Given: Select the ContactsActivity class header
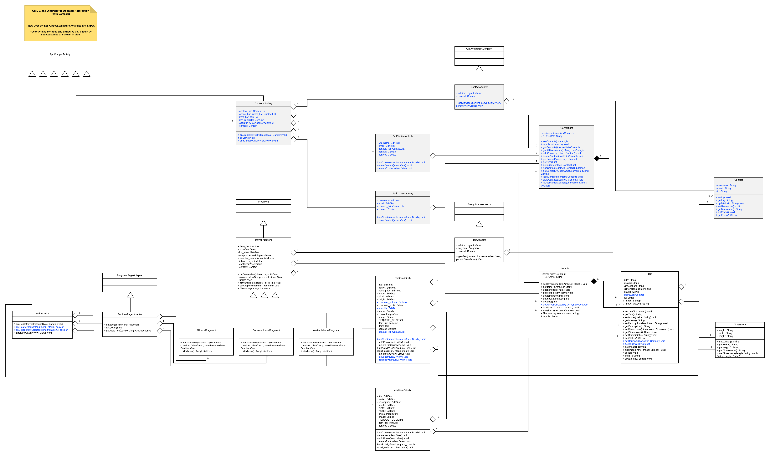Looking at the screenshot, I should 263,104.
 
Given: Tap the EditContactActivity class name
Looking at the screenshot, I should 403,136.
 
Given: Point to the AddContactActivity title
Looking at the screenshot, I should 403,194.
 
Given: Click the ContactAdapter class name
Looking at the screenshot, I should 479,87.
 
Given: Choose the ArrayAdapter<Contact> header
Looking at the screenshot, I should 479,49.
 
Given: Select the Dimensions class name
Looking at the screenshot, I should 740,325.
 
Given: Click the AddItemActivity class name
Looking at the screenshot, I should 403,390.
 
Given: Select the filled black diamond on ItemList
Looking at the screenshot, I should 594,281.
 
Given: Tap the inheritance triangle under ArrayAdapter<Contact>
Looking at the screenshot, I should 479,69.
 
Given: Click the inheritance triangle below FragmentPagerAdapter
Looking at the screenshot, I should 130,295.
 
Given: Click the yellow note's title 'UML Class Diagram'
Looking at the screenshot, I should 60,11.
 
